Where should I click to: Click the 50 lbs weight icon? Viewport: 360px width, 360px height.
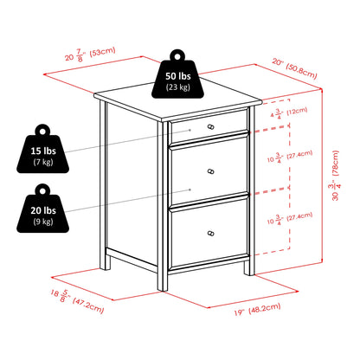(177, 78)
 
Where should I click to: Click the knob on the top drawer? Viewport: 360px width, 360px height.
(211, 126)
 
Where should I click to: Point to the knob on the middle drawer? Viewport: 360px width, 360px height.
(211, 171)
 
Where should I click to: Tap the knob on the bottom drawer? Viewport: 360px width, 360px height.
(211, 234)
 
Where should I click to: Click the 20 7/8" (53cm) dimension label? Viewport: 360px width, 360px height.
(90, 54)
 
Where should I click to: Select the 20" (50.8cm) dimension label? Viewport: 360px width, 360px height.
(294, 68)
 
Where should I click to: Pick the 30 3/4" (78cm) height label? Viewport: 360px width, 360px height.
(334, 176)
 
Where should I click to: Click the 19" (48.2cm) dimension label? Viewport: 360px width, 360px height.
(257, 309)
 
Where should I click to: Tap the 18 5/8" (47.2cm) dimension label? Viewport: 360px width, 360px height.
(77, 301)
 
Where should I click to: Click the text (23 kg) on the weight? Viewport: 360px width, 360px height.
(178, 87)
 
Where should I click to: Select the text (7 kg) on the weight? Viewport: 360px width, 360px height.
(43, 162)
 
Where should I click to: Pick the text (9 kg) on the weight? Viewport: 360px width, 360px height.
(43, 222)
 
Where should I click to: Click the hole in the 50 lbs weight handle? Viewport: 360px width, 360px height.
(177, 55)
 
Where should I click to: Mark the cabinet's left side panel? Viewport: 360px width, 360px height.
(132, 184)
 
